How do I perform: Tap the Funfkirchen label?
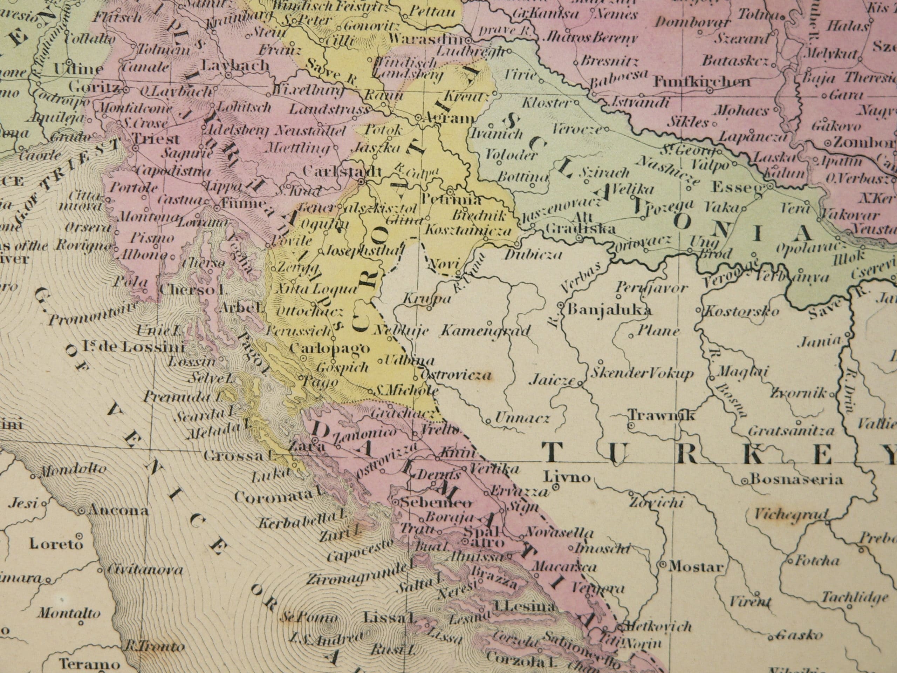tap(701, 82)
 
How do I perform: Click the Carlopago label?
tap(330, 348)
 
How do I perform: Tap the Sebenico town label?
tap(436, 503)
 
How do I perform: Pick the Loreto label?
tap(56, 544)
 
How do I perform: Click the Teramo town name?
tap(89, 664)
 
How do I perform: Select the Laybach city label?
tap(235, 65)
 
